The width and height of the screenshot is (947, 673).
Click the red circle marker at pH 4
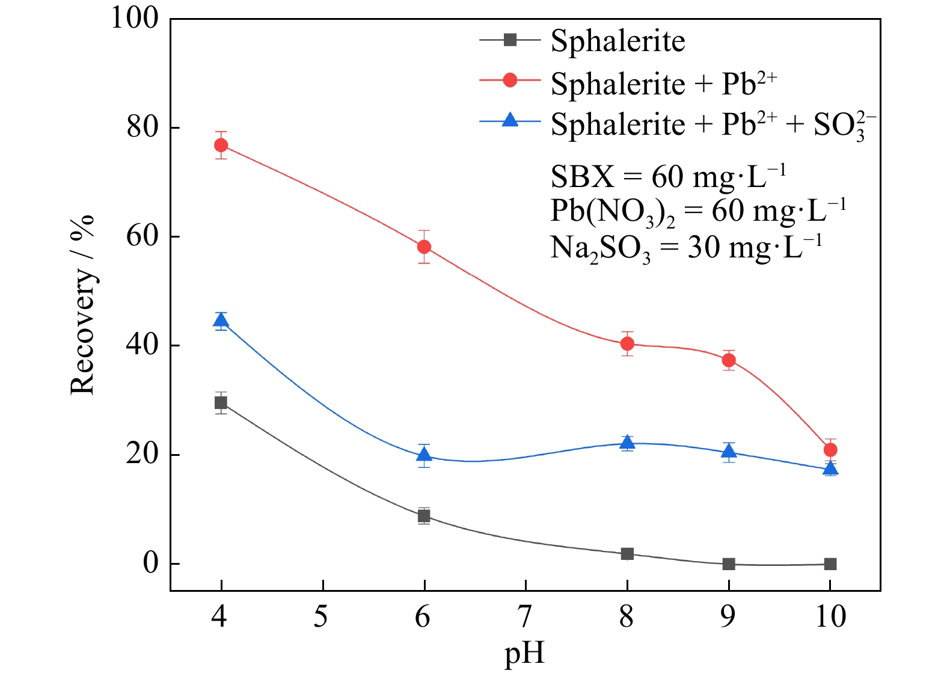click(221, 146)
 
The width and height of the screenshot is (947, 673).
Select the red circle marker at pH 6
click(424, 247)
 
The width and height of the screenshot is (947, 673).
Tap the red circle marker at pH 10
click(830, 450)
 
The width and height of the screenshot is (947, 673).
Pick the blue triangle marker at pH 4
click(221, 321)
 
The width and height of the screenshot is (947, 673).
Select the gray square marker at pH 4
click(221, 403)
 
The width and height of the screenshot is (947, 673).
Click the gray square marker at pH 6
click(424, 515)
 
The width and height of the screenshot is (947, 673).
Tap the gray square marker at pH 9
click(729, 564)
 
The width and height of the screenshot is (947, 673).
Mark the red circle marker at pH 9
click(729, 360)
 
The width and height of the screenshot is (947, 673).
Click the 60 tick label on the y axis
click(143, 236)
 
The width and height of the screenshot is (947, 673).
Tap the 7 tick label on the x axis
click(525, 617)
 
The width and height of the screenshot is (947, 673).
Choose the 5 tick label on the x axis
click(322, 617)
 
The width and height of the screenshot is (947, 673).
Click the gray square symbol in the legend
click(510, 40)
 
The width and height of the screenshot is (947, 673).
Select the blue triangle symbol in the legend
click(510, 120)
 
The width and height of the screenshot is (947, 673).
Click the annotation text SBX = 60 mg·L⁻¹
click(668, 177)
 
